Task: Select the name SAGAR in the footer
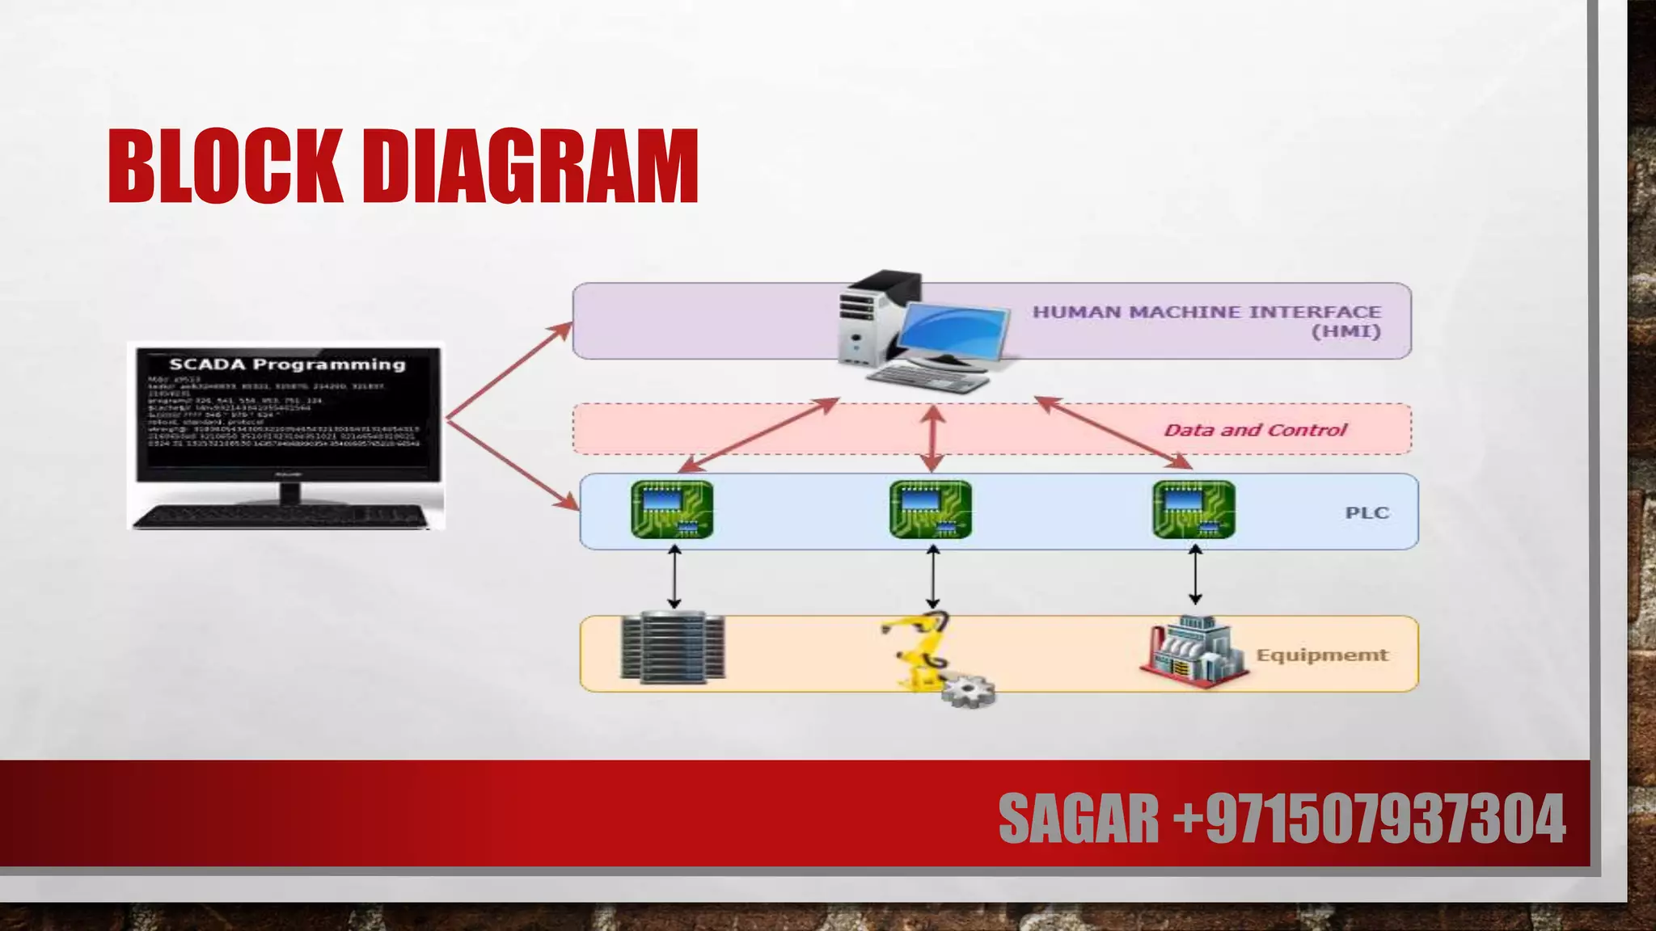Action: [x=1079, y=819]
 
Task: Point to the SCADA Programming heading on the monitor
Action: [x=287, y=364]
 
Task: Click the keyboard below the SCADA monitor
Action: [x=281, y=516]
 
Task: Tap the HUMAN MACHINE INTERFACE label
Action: [x=1206, y=313]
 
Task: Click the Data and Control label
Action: [x=1255, y=430]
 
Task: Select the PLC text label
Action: [x=1367, y=513]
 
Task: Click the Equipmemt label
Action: [x=1322, y=655]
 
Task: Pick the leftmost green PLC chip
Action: [x=672, y=510]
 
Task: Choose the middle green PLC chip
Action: [x=931, y=510]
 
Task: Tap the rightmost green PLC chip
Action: [x=1194, y=510]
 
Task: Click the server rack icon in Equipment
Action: [x=673, y=648]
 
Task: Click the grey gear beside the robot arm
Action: [x=969, y=692]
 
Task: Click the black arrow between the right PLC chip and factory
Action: [x=1195, y=575]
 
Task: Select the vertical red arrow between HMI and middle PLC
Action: [x=933, y=437]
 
